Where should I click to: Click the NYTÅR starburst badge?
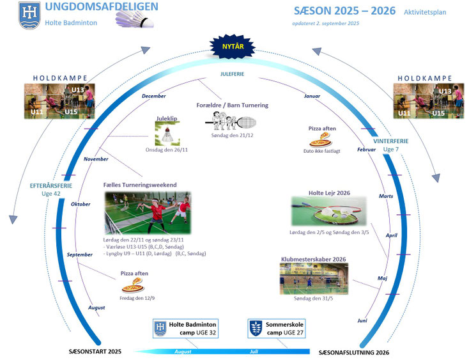233,47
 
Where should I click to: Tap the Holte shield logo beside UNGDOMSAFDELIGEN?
29,15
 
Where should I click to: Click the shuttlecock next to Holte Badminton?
135,19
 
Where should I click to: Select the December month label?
154,96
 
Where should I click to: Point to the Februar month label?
366,150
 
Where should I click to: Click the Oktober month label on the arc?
81,204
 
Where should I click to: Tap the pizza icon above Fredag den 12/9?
133,285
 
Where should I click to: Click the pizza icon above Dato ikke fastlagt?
321,140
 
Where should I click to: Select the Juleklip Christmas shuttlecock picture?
167,134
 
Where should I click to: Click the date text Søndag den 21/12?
232,136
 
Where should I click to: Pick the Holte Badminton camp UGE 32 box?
185,329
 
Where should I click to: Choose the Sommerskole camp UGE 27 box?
277,329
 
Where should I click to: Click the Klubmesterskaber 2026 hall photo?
314,279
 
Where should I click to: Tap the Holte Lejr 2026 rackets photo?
329,211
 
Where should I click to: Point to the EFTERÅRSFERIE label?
51,186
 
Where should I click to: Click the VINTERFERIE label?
390,141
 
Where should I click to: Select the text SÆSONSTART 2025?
95,351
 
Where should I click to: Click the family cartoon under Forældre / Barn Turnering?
230,121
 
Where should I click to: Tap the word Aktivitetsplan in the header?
425,12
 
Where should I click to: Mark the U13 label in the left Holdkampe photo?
78,90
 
